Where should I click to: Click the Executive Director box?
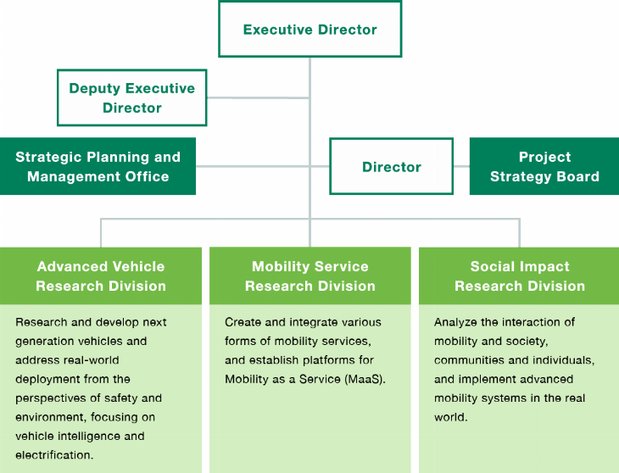pyautogui.click(x=309, y=30)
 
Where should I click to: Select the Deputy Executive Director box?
pyautogui.click(x=131, y=98)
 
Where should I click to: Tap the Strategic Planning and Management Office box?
pyautogui.click(x=98, y=167)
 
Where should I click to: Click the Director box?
pyautogui.click(x=391, y=167)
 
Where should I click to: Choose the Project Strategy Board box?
pyautogui.click(x=544, y=167)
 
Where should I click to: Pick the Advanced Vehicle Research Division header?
pyautogui.click(x=101, y=276)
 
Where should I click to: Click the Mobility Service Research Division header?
pyautogui.click(x=309, y=276)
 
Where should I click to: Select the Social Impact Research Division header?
pyautogui.click(x=519, y=276)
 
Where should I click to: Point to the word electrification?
pyautogui.click(x=53, y=454)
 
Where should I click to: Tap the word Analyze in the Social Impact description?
pyautogui.click(x=457, y=322)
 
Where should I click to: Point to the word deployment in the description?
pyautogui.click(x=48, y=379)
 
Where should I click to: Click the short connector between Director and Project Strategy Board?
pyautogui.click(x=461, y=166)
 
